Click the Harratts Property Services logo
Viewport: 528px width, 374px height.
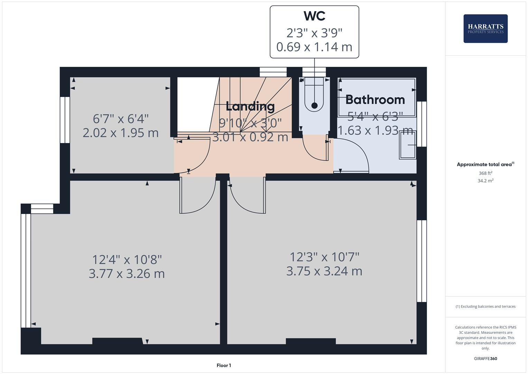(485, 28)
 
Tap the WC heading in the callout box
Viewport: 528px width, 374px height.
(314, 16)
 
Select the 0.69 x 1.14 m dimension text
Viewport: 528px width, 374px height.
(314, 47)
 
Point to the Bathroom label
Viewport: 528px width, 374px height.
(375, 100)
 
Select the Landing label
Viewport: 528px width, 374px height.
(250, 106)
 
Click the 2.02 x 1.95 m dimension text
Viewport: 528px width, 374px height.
(120, 133)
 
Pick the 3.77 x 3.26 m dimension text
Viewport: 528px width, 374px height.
(127, 274)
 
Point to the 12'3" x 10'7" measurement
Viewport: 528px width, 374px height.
(324, 257)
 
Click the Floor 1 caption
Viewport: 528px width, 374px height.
(224, 365)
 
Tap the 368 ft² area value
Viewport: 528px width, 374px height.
(485, 173)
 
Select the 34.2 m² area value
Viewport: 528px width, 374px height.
(485, 181)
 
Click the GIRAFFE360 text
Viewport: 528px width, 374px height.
(485, 358)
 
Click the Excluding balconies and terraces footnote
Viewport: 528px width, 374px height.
(485, 306)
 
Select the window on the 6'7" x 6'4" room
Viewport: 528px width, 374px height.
(65, 120)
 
